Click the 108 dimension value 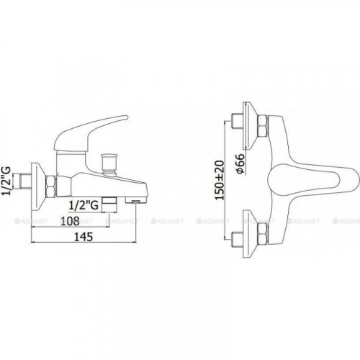[70, 221]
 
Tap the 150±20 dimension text [220, 180]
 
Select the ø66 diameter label [240, 163]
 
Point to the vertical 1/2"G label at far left [6, 181]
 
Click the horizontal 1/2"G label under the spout [84, 206]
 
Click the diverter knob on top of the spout [109, 163]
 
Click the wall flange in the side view [38, 184]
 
